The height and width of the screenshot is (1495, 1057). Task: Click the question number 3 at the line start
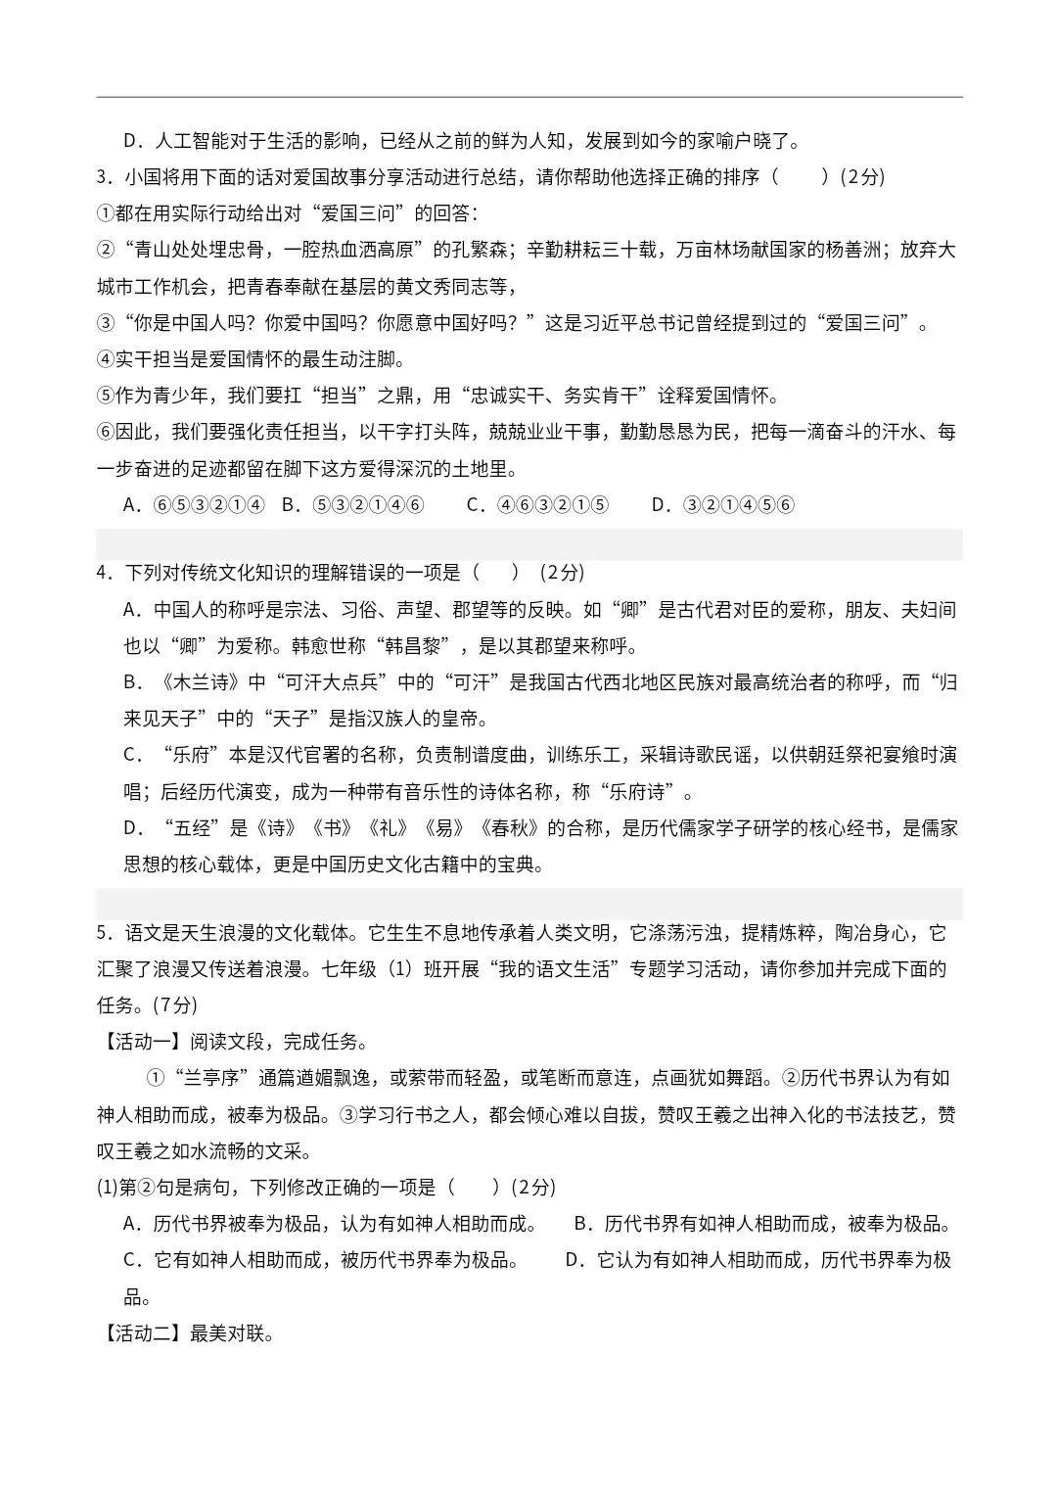pos(103,177)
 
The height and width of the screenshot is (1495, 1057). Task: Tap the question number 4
pos(103,573)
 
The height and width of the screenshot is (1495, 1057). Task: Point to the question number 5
pos(103,933)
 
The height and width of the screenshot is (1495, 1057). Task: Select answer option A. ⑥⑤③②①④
pos(194,505)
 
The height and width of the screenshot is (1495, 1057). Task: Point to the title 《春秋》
pos(510,828)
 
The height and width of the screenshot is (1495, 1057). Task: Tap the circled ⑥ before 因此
pos(106,432)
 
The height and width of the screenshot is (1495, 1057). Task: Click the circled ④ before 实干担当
pos(106,359)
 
